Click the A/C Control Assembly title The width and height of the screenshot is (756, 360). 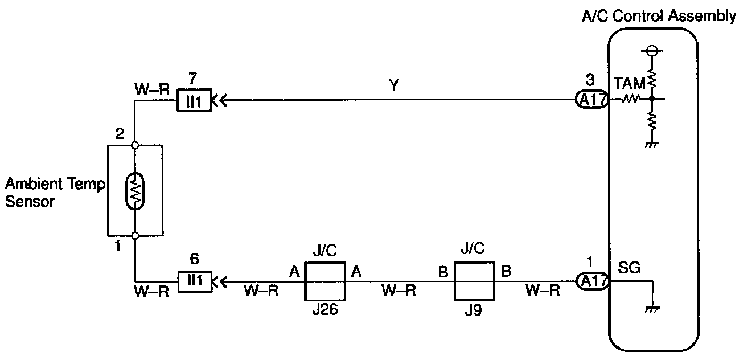click(658, 16)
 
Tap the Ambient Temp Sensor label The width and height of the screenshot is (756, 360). click(55, 193)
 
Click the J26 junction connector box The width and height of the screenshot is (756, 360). click(325, 281)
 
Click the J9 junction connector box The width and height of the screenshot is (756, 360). click(474, 281)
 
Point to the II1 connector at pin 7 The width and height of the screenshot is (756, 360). click(194, 101)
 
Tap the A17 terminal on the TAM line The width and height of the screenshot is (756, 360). click(592, 101)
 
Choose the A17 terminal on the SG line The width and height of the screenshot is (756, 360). click(592, 281)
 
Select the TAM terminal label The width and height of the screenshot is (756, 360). click(629, 84)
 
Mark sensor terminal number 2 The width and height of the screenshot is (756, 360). click(120, 135)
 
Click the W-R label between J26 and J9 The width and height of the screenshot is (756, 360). click(398, 291)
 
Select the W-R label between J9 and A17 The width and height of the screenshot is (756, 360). click(541, 291)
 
